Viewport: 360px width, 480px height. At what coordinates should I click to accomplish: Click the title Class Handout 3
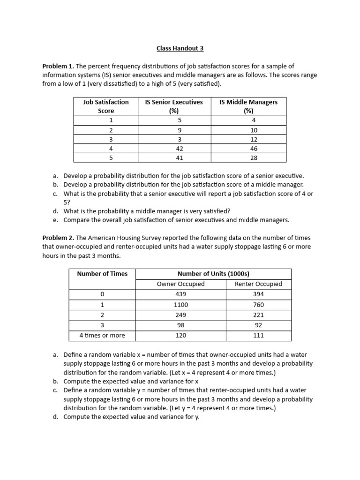coord(180,48)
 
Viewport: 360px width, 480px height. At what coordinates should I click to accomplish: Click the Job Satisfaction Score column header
coord(106,106)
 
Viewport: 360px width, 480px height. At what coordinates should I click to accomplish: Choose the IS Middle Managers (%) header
coord(248,106)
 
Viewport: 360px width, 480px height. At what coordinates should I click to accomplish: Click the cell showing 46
coord(248,148)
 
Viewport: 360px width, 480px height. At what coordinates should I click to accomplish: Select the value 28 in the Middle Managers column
coord(248,158)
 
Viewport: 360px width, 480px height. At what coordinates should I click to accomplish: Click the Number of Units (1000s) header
coord(213,274)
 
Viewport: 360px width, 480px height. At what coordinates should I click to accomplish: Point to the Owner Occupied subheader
coord(180,284)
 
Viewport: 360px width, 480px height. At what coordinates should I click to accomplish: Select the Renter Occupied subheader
coord(258,284)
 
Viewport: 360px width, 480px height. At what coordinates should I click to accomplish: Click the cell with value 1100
coord(180,305)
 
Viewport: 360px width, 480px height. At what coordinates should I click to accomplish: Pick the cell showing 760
coord(258,305)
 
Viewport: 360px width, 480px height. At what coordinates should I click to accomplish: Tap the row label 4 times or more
coord(102,335)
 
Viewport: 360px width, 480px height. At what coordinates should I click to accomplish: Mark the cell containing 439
coord(180,294)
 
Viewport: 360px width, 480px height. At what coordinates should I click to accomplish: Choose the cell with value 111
coord(258,335)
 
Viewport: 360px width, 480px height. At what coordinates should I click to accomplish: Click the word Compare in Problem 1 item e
coord(76,220)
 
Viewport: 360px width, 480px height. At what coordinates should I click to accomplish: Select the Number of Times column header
coord(102,274)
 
